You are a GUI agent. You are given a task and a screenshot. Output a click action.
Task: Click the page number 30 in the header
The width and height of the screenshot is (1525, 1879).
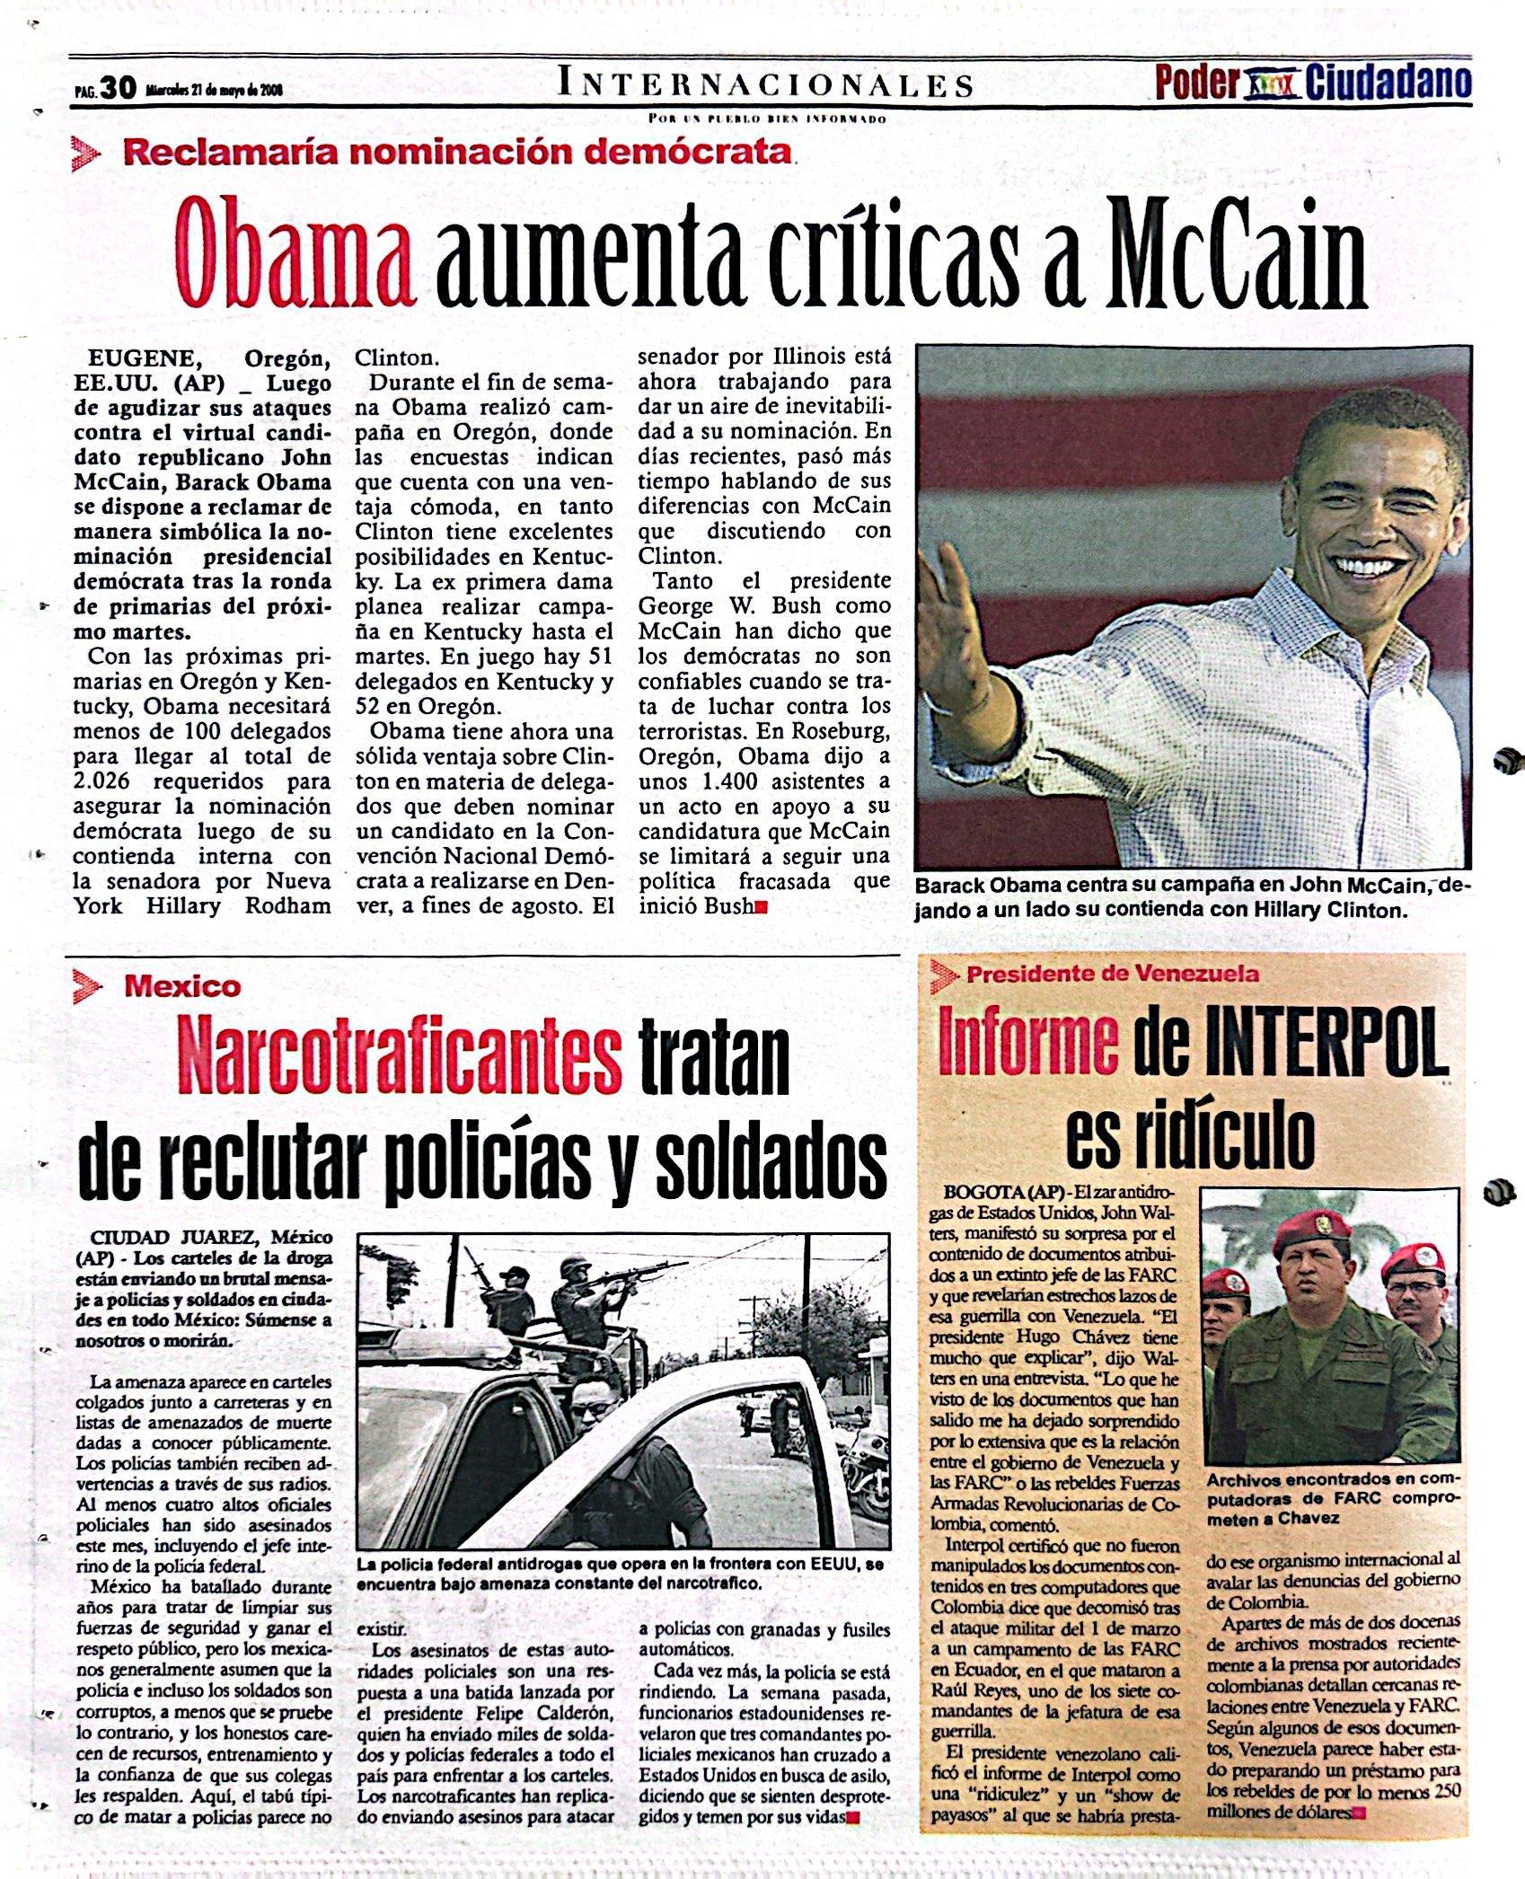tap(117, 88)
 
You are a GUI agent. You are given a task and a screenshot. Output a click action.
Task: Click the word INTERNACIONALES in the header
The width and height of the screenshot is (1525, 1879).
tap(765, 84)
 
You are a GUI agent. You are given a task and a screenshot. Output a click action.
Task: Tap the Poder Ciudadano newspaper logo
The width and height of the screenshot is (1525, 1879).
tap(1312, 83)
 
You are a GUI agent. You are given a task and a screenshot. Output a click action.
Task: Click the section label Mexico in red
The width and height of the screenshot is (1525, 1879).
tap(183, 987)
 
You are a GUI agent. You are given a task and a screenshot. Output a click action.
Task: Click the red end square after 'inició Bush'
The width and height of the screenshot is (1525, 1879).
tap(762, 907)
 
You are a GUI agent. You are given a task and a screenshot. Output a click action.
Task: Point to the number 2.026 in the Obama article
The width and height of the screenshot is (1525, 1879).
tap(110, 781)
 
